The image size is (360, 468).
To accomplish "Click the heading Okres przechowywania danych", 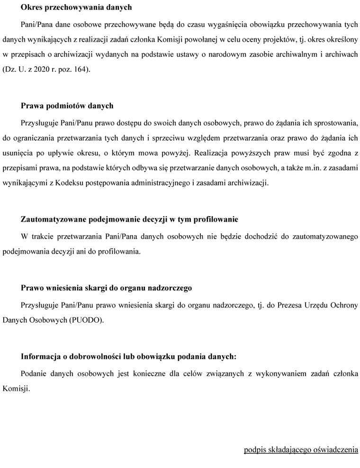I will coord(76,8).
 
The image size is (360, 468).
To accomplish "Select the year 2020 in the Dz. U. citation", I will coord(42,70).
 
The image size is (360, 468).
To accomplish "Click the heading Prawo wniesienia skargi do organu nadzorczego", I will coord(106,287).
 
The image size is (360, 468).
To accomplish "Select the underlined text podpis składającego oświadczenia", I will coord(301,450).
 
